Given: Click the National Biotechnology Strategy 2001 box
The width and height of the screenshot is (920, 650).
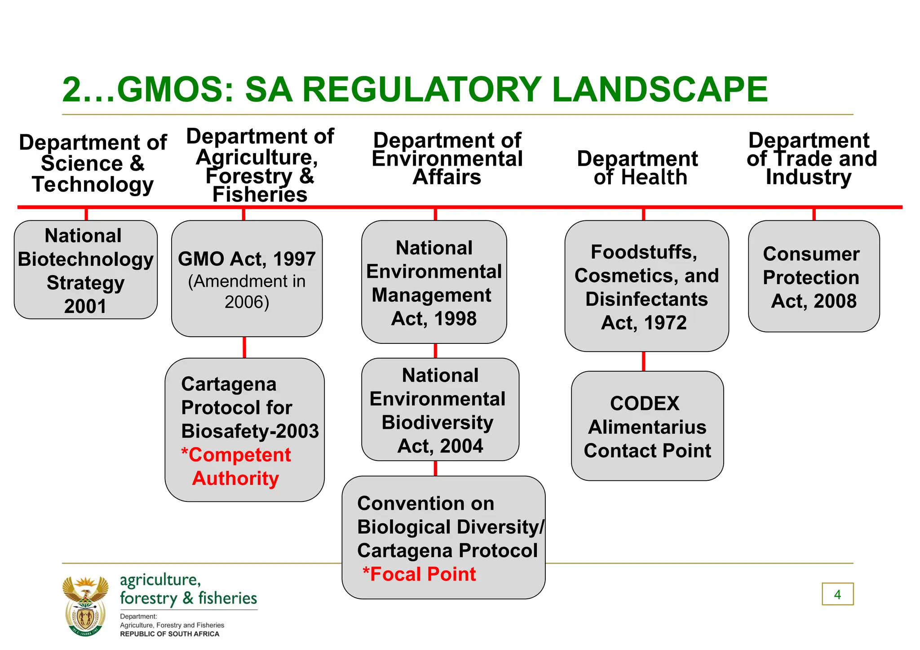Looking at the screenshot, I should (85, 270).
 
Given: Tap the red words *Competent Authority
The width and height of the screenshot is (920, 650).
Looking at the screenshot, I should (236, 467).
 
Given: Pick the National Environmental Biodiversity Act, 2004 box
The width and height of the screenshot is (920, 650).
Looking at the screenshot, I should (440, 410).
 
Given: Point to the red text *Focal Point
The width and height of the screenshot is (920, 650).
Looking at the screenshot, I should (420, 574).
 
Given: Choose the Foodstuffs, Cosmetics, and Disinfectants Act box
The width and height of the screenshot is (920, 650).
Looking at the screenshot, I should (646, 286).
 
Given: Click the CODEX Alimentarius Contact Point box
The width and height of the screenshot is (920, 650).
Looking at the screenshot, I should (647, 426).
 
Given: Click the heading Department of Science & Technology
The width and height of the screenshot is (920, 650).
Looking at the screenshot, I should (93, 163).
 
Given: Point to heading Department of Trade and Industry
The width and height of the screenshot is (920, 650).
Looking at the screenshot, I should (811, 158).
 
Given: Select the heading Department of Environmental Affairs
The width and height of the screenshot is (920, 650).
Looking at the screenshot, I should (447, 158).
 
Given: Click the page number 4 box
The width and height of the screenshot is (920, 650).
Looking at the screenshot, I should (837, 594).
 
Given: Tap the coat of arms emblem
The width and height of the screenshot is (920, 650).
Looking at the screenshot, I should (85, 606).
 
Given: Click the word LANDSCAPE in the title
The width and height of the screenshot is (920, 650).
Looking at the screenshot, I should (659, 89).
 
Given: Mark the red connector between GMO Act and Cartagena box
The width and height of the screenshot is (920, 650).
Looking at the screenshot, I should (244, 347).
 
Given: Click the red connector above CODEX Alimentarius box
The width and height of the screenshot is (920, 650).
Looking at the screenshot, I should (644, 361).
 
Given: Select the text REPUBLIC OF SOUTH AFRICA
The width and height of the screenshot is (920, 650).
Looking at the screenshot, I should (169, 634).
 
